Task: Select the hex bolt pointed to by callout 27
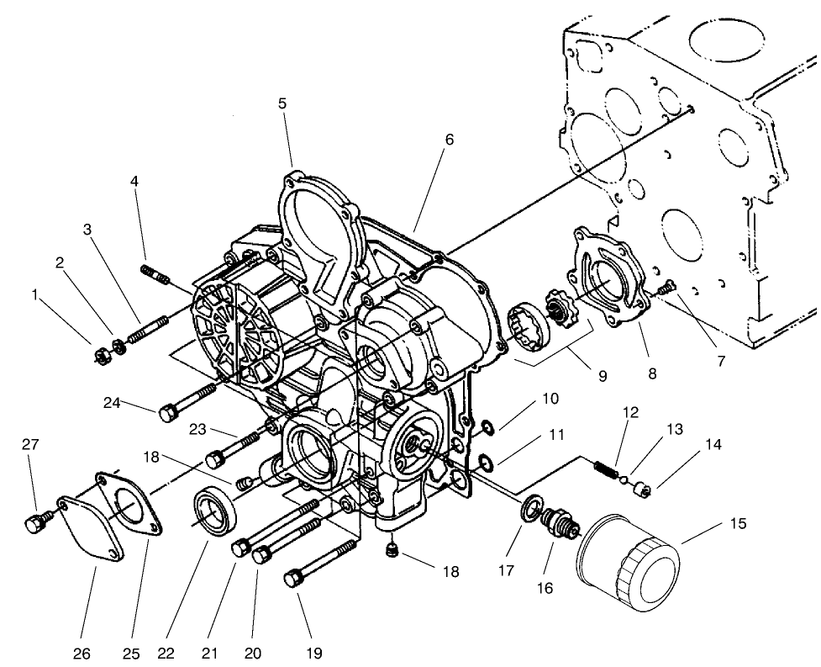[34, 524]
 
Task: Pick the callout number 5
[282, 103]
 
